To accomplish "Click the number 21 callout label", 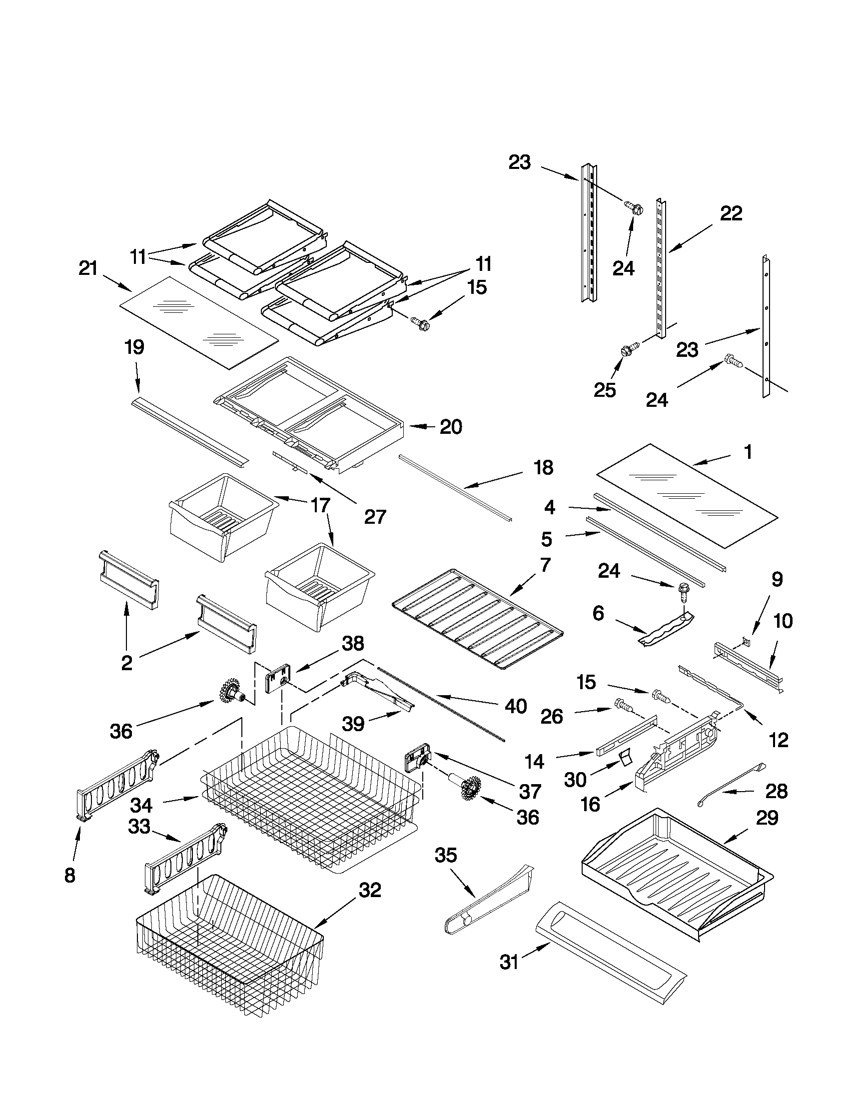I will [87, 268].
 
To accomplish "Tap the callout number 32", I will [370, 890].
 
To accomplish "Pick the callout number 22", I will [731, 213].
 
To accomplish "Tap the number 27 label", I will [375, 516].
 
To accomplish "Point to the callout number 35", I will [446, 855].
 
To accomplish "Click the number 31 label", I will [509, 963].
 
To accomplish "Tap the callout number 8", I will [69, 876].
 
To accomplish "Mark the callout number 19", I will [134, 347].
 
